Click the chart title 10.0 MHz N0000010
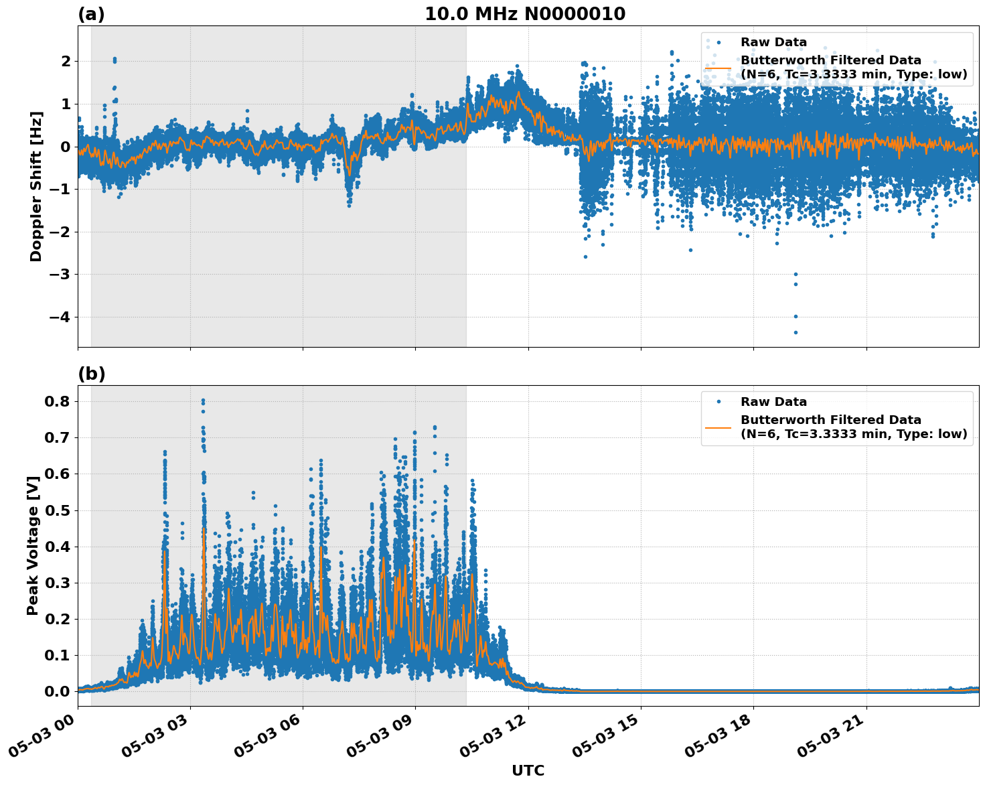coord(524,14)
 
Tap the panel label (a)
coord(91,14)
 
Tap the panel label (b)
coord(91,374)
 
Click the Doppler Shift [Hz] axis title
coord(36,186)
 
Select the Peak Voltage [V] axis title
coord(32,541)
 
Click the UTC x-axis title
coord(528,770)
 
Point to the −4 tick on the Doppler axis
coord(60,317)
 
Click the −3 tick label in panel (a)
coord(60,275)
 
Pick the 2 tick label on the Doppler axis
coord(66,61)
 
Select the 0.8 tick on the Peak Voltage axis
coord(56,401)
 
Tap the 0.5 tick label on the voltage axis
coord(56,510)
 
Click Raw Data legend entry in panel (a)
coord(773,42)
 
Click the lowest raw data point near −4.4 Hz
coord(795,332)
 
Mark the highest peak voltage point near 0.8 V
coord(203,401)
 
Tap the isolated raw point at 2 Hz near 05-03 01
coord(115,60)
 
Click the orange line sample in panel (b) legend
coord(718,427)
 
